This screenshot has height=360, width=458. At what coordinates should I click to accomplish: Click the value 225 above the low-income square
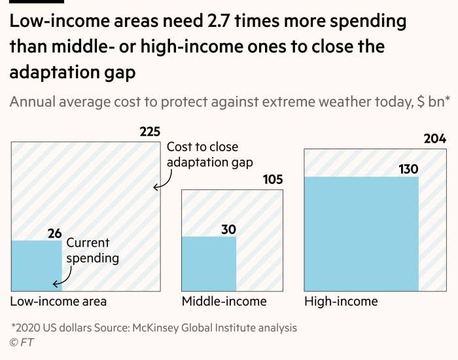pyautogui.click(x=150, y=132)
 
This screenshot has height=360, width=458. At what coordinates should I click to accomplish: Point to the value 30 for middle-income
pyautogui.click(x=228, y=229)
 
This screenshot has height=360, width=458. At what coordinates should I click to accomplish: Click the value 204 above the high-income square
pyautogui.click(x=434, y=139)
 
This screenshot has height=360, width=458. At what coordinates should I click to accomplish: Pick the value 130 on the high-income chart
pyautogui.click(x=408, y=170)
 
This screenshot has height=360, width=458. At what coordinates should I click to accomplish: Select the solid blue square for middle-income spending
pyautogui.click(x=209, y=264)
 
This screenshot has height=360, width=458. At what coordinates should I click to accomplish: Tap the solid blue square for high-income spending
pyautogui.click(x=361, y=234)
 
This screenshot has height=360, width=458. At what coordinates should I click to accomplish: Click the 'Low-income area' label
pyautogui.click(x=58, y=302)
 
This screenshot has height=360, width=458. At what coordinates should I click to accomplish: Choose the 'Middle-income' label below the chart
pyautogui.click(x=224, y=302)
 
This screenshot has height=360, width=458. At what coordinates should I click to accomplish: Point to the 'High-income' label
pyautogui.click(x=341, y=302)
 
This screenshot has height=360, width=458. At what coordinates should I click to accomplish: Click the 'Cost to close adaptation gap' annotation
pyautogui.click(x=209, y=154)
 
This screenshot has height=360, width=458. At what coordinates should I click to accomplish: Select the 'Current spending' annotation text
pyautogui.click(x=92, y=251)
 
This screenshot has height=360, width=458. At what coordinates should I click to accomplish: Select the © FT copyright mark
pyautogui.click(x=22, y=342)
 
